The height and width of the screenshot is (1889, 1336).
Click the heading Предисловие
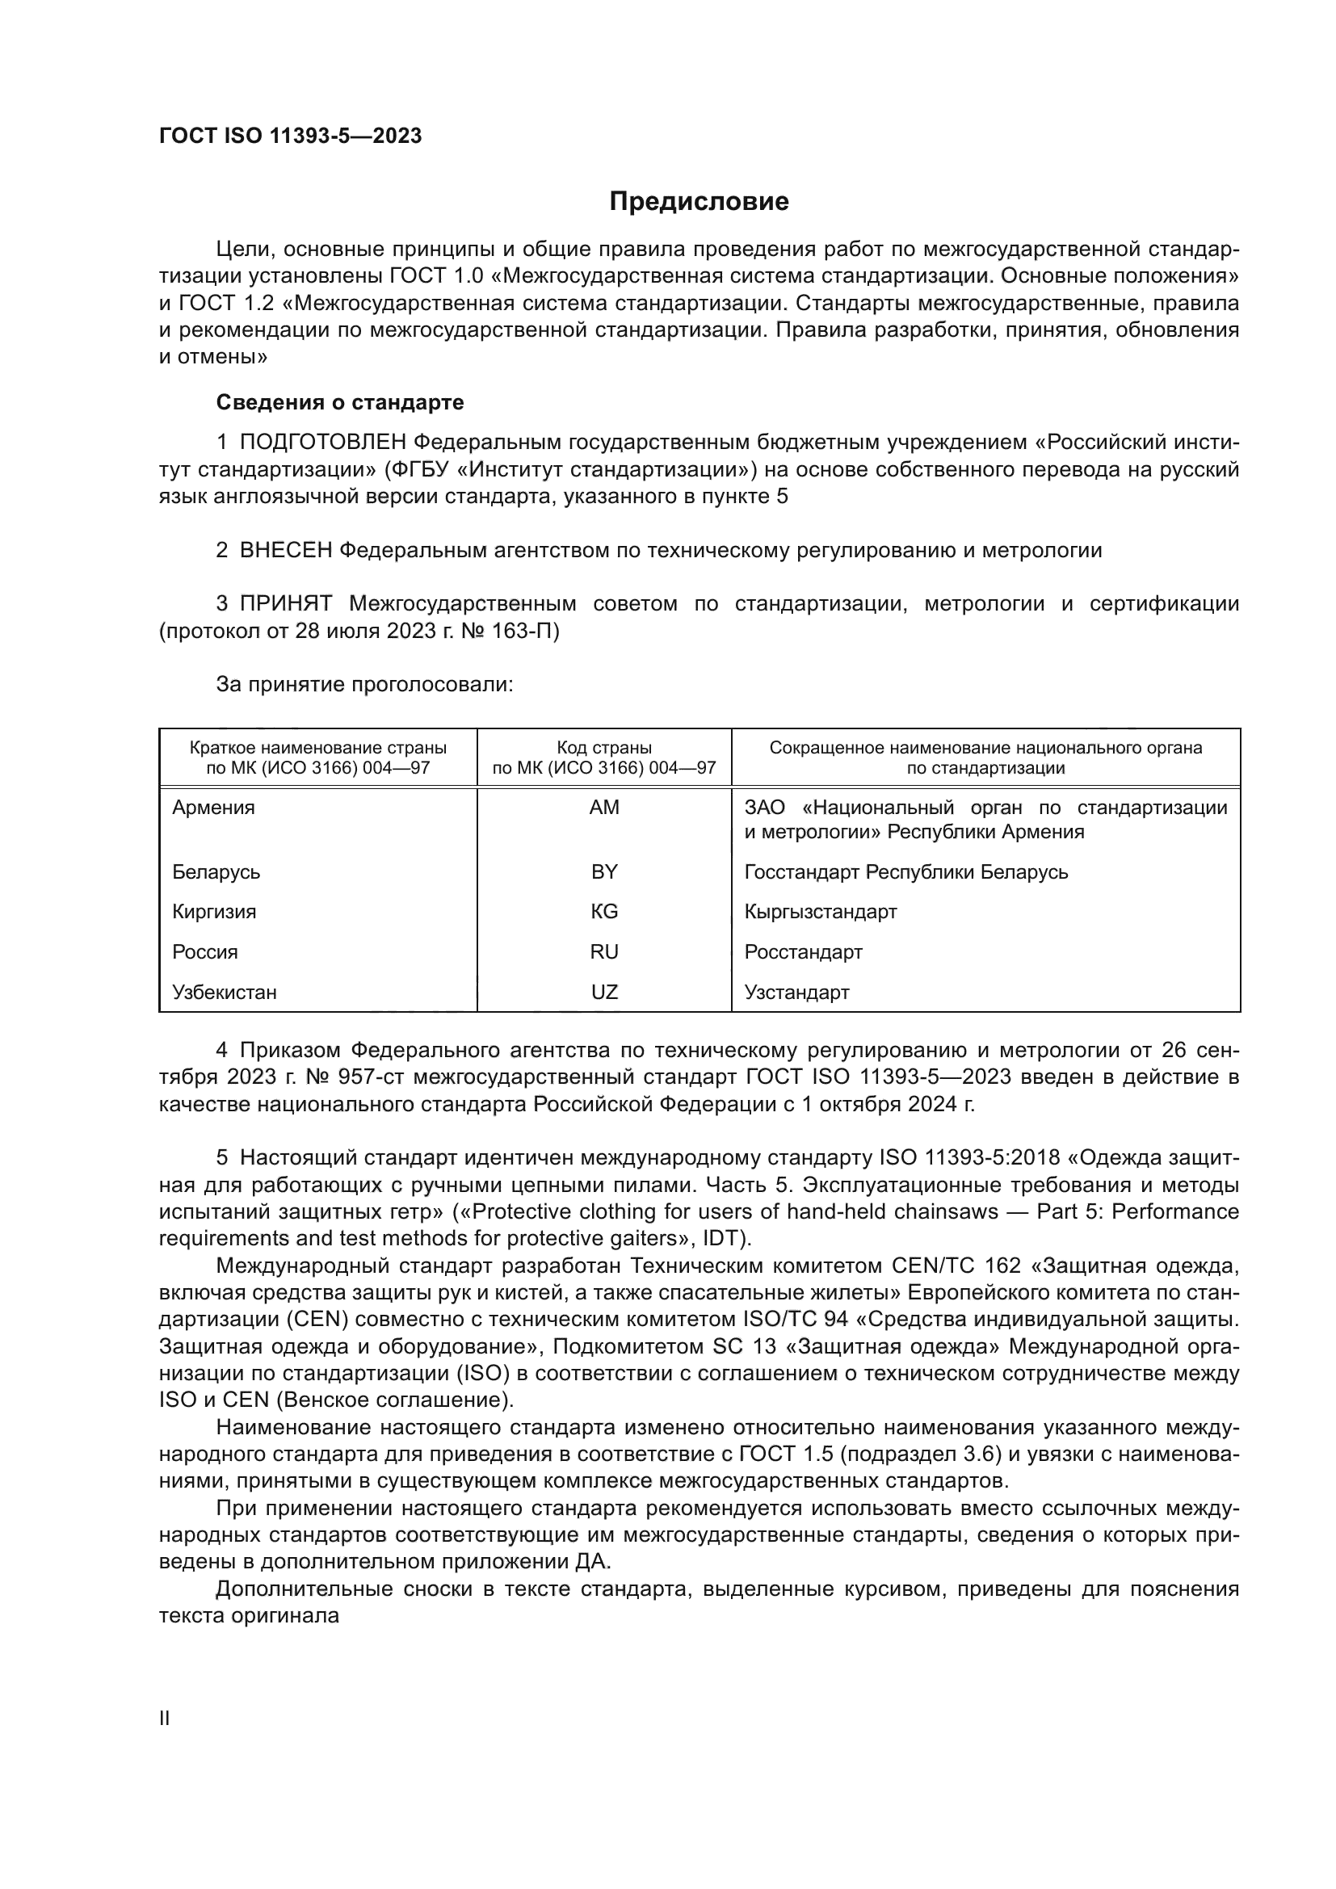[x=699, y=202]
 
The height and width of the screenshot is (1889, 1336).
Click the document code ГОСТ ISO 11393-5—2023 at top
[x=290, y=136]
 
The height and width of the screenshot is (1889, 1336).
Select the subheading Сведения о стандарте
[x=340, y=402]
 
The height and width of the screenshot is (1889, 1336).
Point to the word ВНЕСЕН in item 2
[x=284, y=551]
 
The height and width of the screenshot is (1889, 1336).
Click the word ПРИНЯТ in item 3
[x=285, y=604]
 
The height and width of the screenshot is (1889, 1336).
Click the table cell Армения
[x=213, y=807]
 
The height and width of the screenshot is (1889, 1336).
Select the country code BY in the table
[x=604, y=871]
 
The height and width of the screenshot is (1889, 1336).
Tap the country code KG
[x=604, y=912]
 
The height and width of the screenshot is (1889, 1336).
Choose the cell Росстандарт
[x=803, y=952]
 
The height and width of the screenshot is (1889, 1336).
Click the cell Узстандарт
[x=796, y=993]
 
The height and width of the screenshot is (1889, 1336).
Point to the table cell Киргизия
[x=214, y=912]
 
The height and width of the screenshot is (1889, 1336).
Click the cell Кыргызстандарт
[x=820, y=912]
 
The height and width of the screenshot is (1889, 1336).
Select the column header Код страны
[x=604, y=748]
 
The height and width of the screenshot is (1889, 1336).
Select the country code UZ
[x=604, y=993]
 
